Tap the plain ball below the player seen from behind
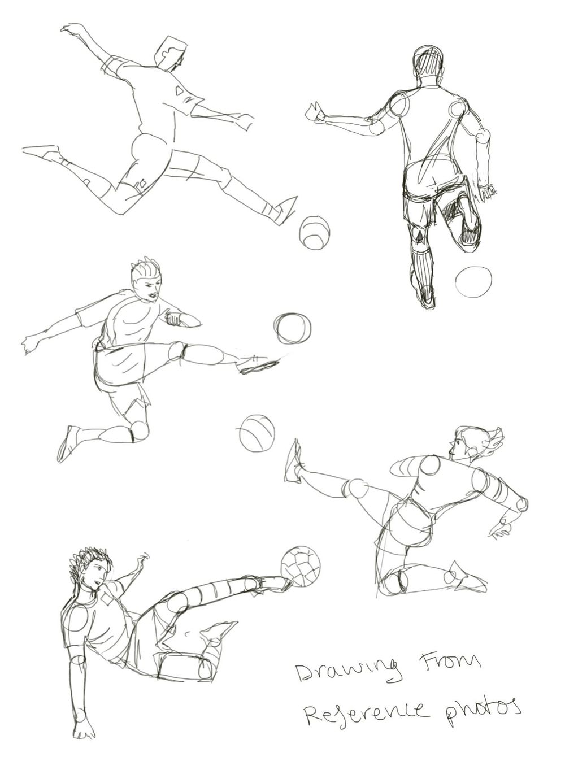pyautogui.click(x=473, y=281)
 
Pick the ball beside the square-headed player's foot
pyautogui.click(x=315, y=232)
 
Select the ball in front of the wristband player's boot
pyautogui.click(x=292, y=328)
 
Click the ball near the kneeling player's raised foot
pyautogui.click(x=257, y=433)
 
